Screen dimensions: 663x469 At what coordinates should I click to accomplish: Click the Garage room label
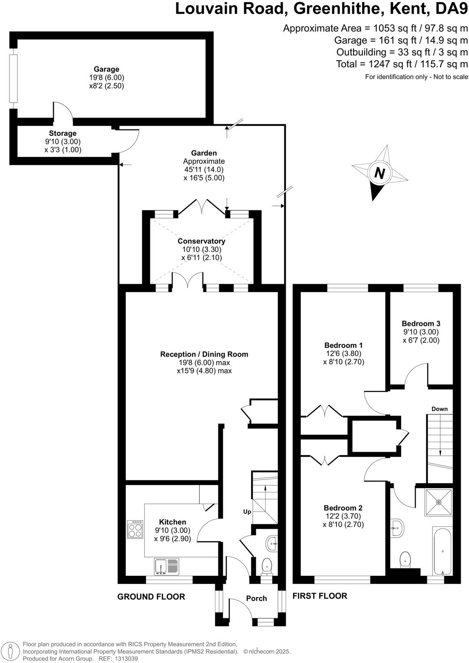pos(106,69)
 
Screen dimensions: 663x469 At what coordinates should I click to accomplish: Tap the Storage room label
pos(63,134)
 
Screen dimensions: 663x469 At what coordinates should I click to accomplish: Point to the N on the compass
pos(380,174)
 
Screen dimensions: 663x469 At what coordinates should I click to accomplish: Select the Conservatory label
pos(201,241)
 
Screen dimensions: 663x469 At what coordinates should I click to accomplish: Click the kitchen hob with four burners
pos(135,529)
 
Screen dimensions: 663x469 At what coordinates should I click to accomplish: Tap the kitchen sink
pos(166,566)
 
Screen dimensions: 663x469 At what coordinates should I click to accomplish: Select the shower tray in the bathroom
pos(439,502)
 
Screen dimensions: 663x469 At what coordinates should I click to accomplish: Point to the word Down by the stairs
pos(439,409)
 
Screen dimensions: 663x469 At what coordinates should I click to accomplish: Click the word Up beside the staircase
pos(247,512)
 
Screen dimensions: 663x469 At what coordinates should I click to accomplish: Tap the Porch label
pos(256,598)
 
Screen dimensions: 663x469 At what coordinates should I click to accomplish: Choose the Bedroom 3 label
pos(421,323)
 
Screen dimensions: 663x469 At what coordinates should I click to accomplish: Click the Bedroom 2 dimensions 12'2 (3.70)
pos(343,516)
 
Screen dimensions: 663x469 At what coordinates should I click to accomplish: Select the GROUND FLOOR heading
pos(151,597)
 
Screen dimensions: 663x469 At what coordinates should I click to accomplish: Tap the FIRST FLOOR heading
pos(320,596)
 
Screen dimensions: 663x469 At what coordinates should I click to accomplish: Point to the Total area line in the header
pos(402,64)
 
